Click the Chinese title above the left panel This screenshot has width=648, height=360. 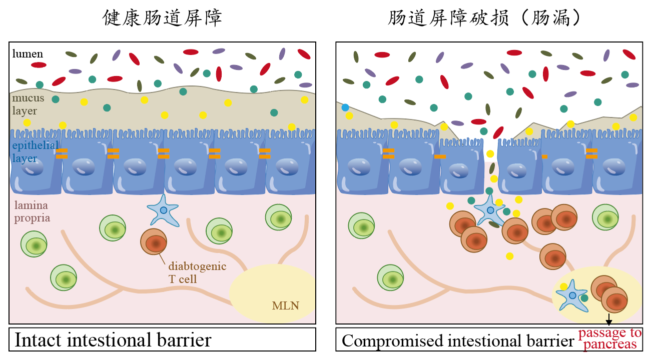point(162,18)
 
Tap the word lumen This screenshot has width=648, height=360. point(28,53)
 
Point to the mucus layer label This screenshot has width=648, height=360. point(28,104)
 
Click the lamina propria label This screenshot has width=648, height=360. point(32,211)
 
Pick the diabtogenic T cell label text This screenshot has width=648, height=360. point(197,272)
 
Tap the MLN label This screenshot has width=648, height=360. point(286,304)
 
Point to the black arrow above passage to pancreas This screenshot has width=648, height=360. point(608,319)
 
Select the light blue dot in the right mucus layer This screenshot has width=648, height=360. point(345,107)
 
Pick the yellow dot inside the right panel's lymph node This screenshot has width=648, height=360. point(564,286)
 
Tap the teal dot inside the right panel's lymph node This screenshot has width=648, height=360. point(584,298)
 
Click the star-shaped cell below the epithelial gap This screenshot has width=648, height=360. point(490,210)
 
